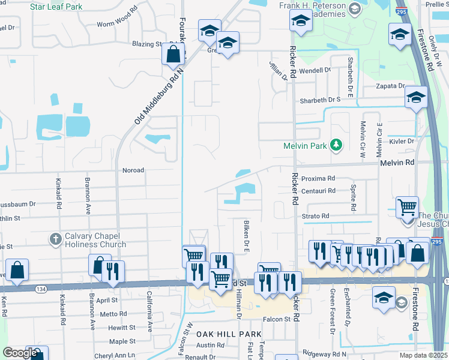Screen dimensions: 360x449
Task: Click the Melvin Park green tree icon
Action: (336, 145)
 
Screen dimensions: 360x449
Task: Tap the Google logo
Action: (20, 353)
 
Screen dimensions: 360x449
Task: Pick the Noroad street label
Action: (133, 170)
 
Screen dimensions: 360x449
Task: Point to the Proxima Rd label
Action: (318, 178)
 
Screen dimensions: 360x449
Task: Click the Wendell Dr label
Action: (315, 70)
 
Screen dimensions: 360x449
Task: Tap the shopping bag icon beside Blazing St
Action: (173, 54)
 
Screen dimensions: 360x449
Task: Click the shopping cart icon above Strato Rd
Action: (408, 208)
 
